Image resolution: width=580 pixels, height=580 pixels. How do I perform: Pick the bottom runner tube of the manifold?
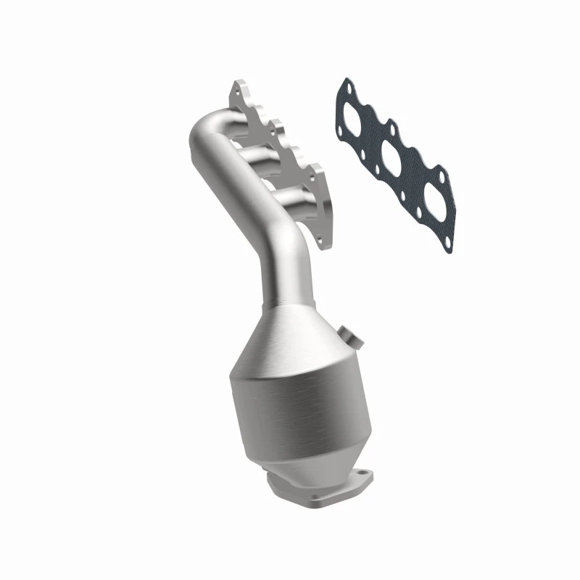pos(289,199)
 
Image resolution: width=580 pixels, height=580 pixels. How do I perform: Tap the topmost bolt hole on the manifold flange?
pos(237,91)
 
